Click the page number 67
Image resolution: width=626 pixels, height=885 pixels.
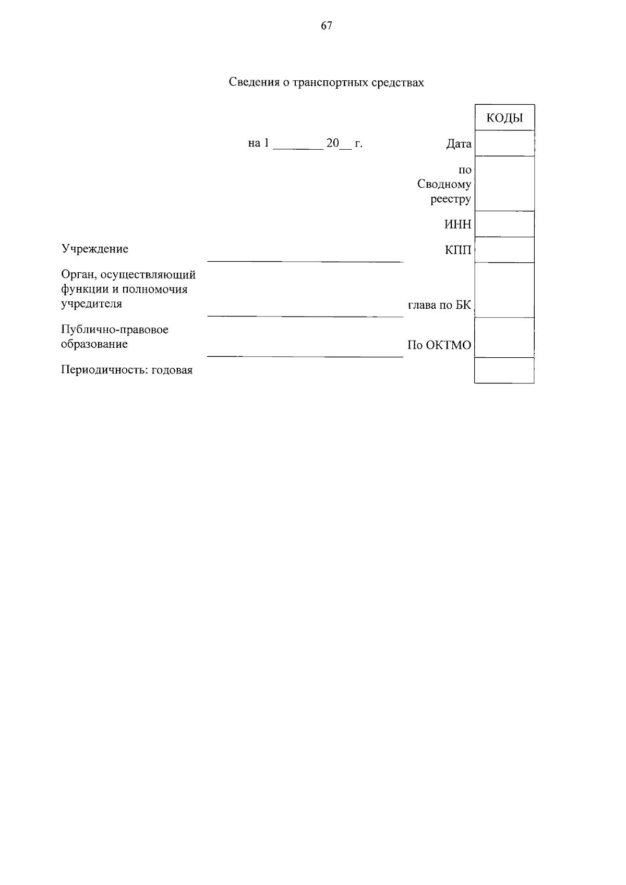pyautogui.click(x=327, y=26)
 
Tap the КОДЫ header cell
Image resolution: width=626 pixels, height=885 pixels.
pyautogui.click(x=504, y=118)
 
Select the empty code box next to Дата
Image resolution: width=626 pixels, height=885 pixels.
pyautogui.click(x=504, y=143)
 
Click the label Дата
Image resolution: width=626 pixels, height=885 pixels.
pyautogui.click(x=459, y=144)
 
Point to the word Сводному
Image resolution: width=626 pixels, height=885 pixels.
pyautogui.click(x=444, y=184)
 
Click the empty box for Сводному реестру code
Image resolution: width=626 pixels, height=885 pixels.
pyautogui.click(x=504, y=184)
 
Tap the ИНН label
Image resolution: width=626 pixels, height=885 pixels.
pyautogui.click(x=458, y=224)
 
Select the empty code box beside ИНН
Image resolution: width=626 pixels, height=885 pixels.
pyautogui.click(x=504, y=224)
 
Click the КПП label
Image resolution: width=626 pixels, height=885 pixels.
pyautogui.click(x=458, y=250)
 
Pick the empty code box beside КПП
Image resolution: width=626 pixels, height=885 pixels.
pyautogui.click(x=504, y=250)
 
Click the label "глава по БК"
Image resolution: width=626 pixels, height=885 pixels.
pyautogui.click(x=439, y=305)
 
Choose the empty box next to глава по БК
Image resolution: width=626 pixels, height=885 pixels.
pyautogui.click(x=504, y=290)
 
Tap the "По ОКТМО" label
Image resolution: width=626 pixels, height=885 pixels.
pyautogui.click(x=439, y=345)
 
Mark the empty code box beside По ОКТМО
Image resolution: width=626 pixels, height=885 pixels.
pyautogui.click(x=504, y=337)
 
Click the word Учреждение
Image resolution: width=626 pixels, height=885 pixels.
pyautogui.click(x=95, y=249)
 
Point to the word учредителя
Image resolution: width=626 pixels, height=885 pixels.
pyautogui.click(x=91, y=304)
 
